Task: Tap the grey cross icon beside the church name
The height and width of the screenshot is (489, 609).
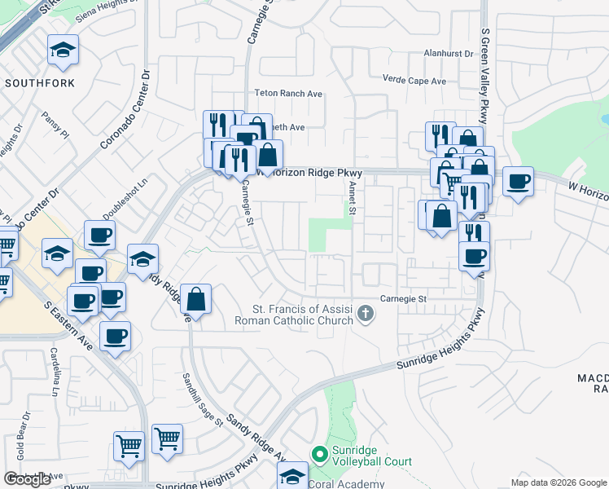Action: (x=366, y=313)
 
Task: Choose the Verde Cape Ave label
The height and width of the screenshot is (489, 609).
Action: (x=414, y=81)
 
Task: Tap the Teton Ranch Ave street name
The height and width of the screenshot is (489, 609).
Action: (x=288, y=94)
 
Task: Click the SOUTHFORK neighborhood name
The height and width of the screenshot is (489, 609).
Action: (x=40, y=83)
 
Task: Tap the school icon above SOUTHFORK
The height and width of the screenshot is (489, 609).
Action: (x=62, y=51)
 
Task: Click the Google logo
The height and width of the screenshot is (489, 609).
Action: (x=27, y=479)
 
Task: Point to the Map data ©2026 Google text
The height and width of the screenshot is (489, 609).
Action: (x=558, y=482)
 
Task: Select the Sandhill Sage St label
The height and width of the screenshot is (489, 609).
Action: (x=201, y=400)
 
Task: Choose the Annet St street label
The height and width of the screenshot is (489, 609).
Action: (x=353, y=198)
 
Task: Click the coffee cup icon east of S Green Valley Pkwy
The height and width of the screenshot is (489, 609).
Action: (x=518, y=181)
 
